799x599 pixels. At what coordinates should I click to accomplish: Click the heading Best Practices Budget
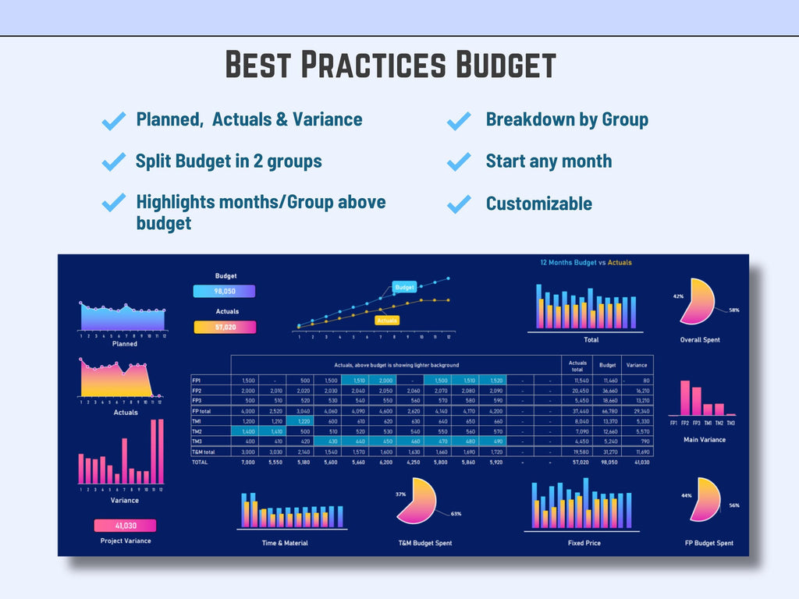[x=390, y=65]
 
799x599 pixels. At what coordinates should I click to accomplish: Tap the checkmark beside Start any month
[x=459, y=162]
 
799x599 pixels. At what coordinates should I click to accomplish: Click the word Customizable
[x=538, y=204]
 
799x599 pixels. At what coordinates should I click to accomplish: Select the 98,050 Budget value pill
[x=224, y=291]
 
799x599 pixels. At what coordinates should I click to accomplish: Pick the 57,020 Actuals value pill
[x=225, y=327]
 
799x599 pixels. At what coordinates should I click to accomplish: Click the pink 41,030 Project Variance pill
[x=125, y=526]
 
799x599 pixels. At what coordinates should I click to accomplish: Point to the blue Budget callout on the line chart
[x=404, y=287]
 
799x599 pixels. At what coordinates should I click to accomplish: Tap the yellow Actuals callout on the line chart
[x=387, y=320]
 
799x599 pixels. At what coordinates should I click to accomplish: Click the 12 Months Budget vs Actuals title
[x=586, y=262]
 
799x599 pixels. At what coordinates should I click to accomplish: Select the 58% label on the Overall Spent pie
[x=734, y=310]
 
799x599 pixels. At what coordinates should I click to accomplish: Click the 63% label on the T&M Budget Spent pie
[x=456, y=513]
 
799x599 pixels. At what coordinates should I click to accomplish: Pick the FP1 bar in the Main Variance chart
[x=684, y=397]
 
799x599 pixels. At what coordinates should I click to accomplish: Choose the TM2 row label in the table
[x=197, y=431]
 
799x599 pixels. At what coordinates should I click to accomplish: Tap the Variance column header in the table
[x=637, y=364]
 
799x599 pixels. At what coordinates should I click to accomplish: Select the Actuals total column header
[x=577, y=364]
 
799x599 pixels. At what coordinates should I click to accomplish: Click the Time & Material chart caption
[x=285, y=543]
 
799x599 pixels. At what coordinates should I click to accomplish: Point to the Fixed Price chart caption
[x=584, y=543]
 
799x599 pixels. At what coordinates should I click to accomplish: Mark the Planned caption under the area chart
[x=124, y=343]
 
